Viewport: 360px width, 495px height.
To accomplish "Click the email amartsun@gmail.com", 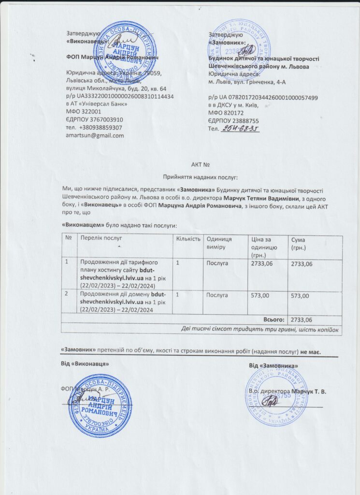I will coord(95,135).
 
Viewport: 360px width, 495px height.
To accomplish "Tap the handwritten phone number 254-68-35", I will coord(240,129).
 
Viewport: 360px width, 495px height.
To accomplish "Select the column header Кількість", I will coord(187,239).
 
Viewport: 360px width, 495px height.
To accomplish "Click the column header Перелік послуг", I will coord(101,239).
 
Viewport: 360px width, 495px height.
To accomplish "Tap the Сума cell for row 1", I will coord(302,264).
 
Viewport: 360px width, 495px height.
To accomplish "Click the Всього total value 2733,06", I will coord(302,320).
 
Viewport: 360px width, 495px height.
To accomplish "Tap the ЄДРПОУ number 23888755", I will coord(240,121).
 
